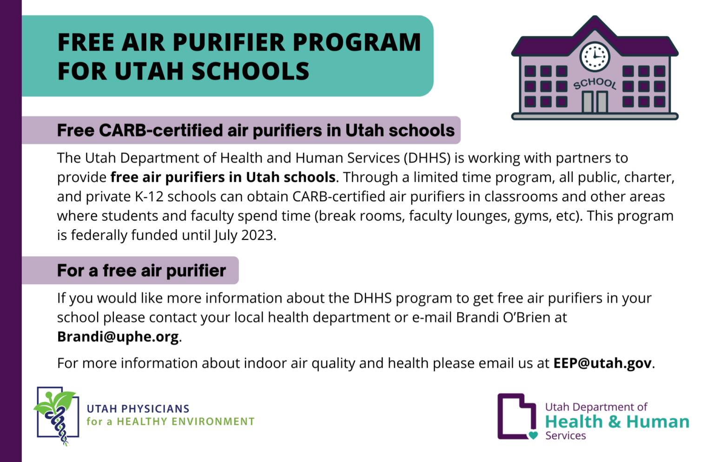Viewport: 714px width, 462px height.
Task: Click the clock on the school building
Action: [x=595, y=57]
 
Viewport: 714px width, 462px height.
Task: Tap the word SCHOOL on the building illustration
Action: [x=595, y=84]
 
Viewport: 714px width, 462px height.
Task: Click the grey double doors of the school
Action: [x=595, y=102]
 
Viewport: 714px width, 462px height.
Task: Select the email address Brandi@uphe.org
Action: [x=118, y=337]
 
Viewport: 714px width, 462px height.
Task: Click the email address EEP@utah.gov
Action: [x=602, y=363]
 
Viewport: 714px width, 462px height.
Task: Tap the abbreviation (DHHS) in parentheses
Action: [x=427, y=158]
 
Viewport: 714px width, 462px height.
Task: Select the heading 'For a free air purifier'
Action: [x=141, y=271]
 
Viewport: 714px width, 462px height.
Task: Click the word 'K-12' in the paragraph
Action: [x=149, y=197]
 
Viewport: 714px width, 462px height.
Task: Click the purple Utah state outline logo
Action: [x=517, y=416]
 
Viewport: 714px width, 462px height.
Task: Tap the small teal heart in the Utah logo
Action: [x=533, y=435]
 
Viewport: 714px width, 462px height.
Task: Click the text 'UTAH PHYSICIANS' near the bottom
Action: [x=138, y=409]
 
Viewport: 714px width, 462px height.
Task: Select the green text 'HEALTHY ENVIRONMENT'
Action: [x=186, y=422]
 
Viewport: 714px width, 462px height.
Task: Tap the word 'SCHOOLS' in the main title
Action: [x=251, y=71]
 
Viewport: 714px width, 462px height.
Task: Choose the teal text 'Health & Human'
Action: [x=617, y=422]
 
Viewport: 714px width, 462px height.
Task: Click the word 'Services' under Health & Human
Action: [x=565, y=436]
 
